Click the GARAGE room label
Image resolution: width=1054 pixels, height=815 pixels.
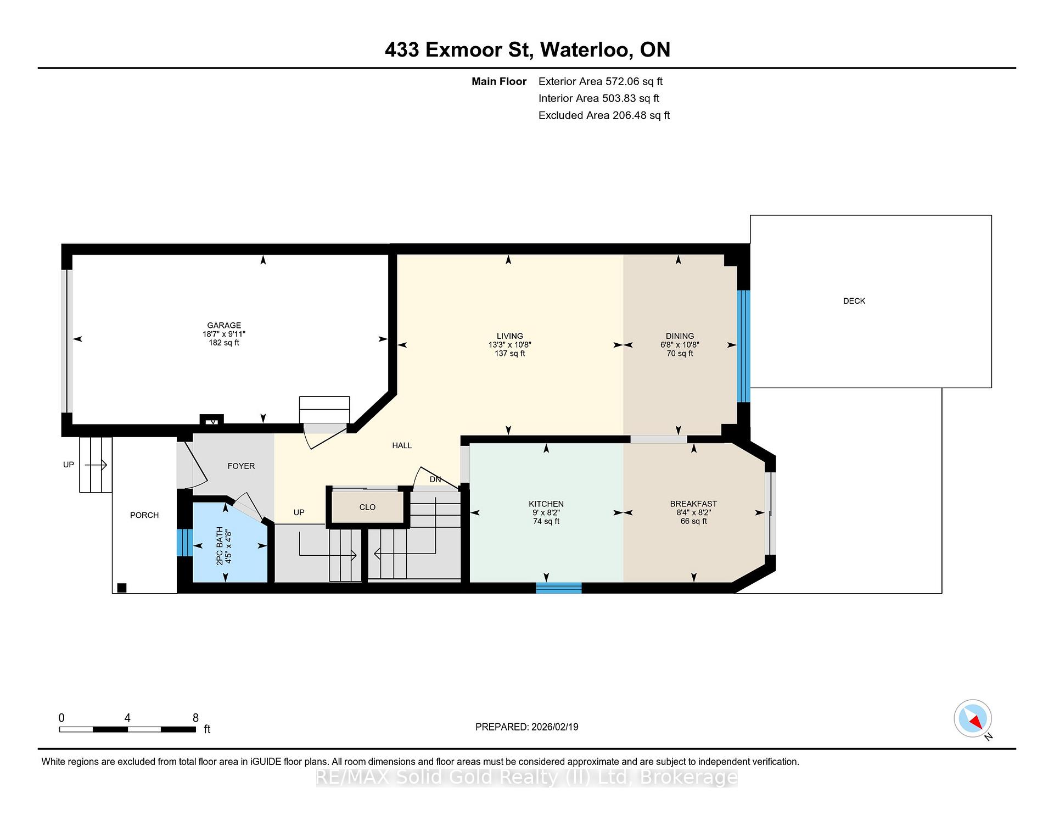click(x=224, y=325)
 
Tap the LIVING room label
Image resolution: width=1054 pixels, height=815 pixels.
click(x=510, y=336)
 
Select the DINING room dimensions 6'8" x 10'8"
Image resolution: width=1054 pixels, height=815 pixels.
click(x=680, y=345)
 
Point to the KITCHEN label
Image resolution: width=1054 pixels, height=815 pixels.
click(x=546, y=504)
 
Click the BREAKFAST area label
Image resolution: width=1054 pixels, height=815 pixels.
click(x=693, y=504)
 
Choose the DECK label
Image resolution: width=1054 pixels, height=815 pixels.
click(x=854, y=301)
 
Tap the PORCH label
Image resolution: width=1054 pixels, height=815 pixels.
click(x=144, y=515)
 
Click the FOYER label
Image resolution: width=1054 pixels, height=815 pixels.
click(x=242, y=466)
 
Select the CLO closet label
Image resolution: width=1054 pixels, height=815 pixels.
click(x=367, y=507)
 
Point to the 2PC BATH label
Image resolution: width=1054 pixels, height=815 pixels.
click(x=220, y=546)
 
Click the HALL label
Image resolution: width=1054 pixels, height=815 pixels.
click(x=402, y=445)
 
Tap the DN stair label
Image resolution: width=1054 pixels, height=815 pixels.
click(x=435, y=479)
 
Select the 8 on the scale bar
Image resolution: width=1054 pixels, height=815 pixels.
click(x=195, y=718)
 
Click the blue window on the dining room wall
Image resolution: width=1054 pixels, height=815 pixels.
click(x=743, y=346)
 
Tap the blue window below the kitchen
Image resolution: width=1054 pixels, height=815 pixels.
click(x=559, y=588)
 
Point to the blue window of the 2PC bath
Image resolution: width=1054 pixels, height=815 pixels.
click(x=184, y=542)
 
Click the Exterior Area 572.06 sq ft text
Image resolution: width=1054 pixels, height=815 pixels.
click(x=601, y=81)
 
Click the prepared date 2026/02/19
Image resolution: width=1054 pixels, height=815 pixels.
click(x=555, y=727)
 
